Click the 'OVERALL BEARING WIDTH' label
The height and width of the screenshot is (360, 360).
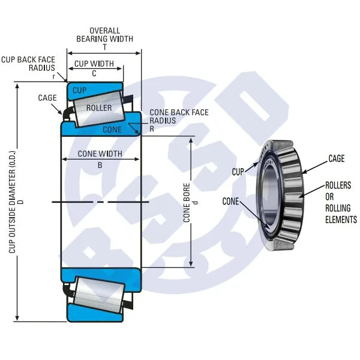[x=104, y=34]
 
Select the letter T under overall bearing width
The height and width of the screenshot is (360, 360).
[x=104, y=47]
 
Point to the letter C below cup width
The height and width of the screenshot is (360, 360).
[x=94, y=73]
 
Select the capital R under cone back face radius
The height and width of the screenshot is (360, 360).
[x=152, y=129]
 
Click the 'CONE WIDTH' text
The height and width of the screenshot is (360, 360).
[x=100, y=154]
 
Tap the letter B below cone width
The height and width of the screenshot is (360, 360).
[x=100, y=163]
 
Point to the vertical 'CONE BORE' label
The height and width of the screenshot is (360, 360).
[x=187, y=203]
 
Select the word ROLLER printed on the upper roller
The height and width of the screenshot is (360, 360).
[x=99, y=108]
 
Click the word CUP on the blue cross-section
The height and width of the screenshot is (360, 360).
[x=79, y=90]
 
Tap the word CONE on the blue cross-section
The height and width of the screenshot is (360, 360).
[x=112, y=129]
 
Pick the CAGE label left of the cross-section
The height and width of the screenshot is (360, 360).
[x=47, y=98]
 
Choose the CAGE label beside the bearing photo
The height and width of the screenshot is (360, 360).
[x=337, y=158]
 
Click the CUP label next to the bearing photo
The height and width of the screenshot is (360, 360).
[x=239, y=172]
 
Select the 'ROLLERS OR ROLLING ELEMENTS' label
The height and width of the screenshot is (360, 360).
[x=341, y=202]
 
